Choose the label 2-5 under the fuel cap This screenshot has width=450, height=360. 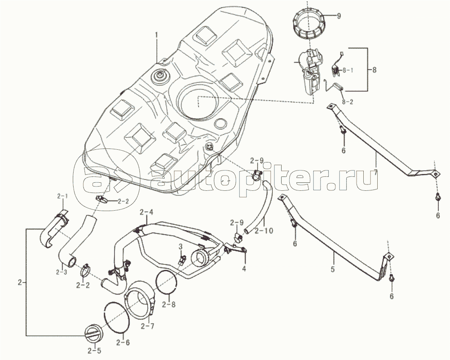click(x=94, y=350)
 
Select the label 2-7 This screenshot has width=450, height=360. click(x=148, y=326)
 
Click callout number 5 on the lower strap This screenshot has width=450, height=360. click(x=333, y=269)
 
